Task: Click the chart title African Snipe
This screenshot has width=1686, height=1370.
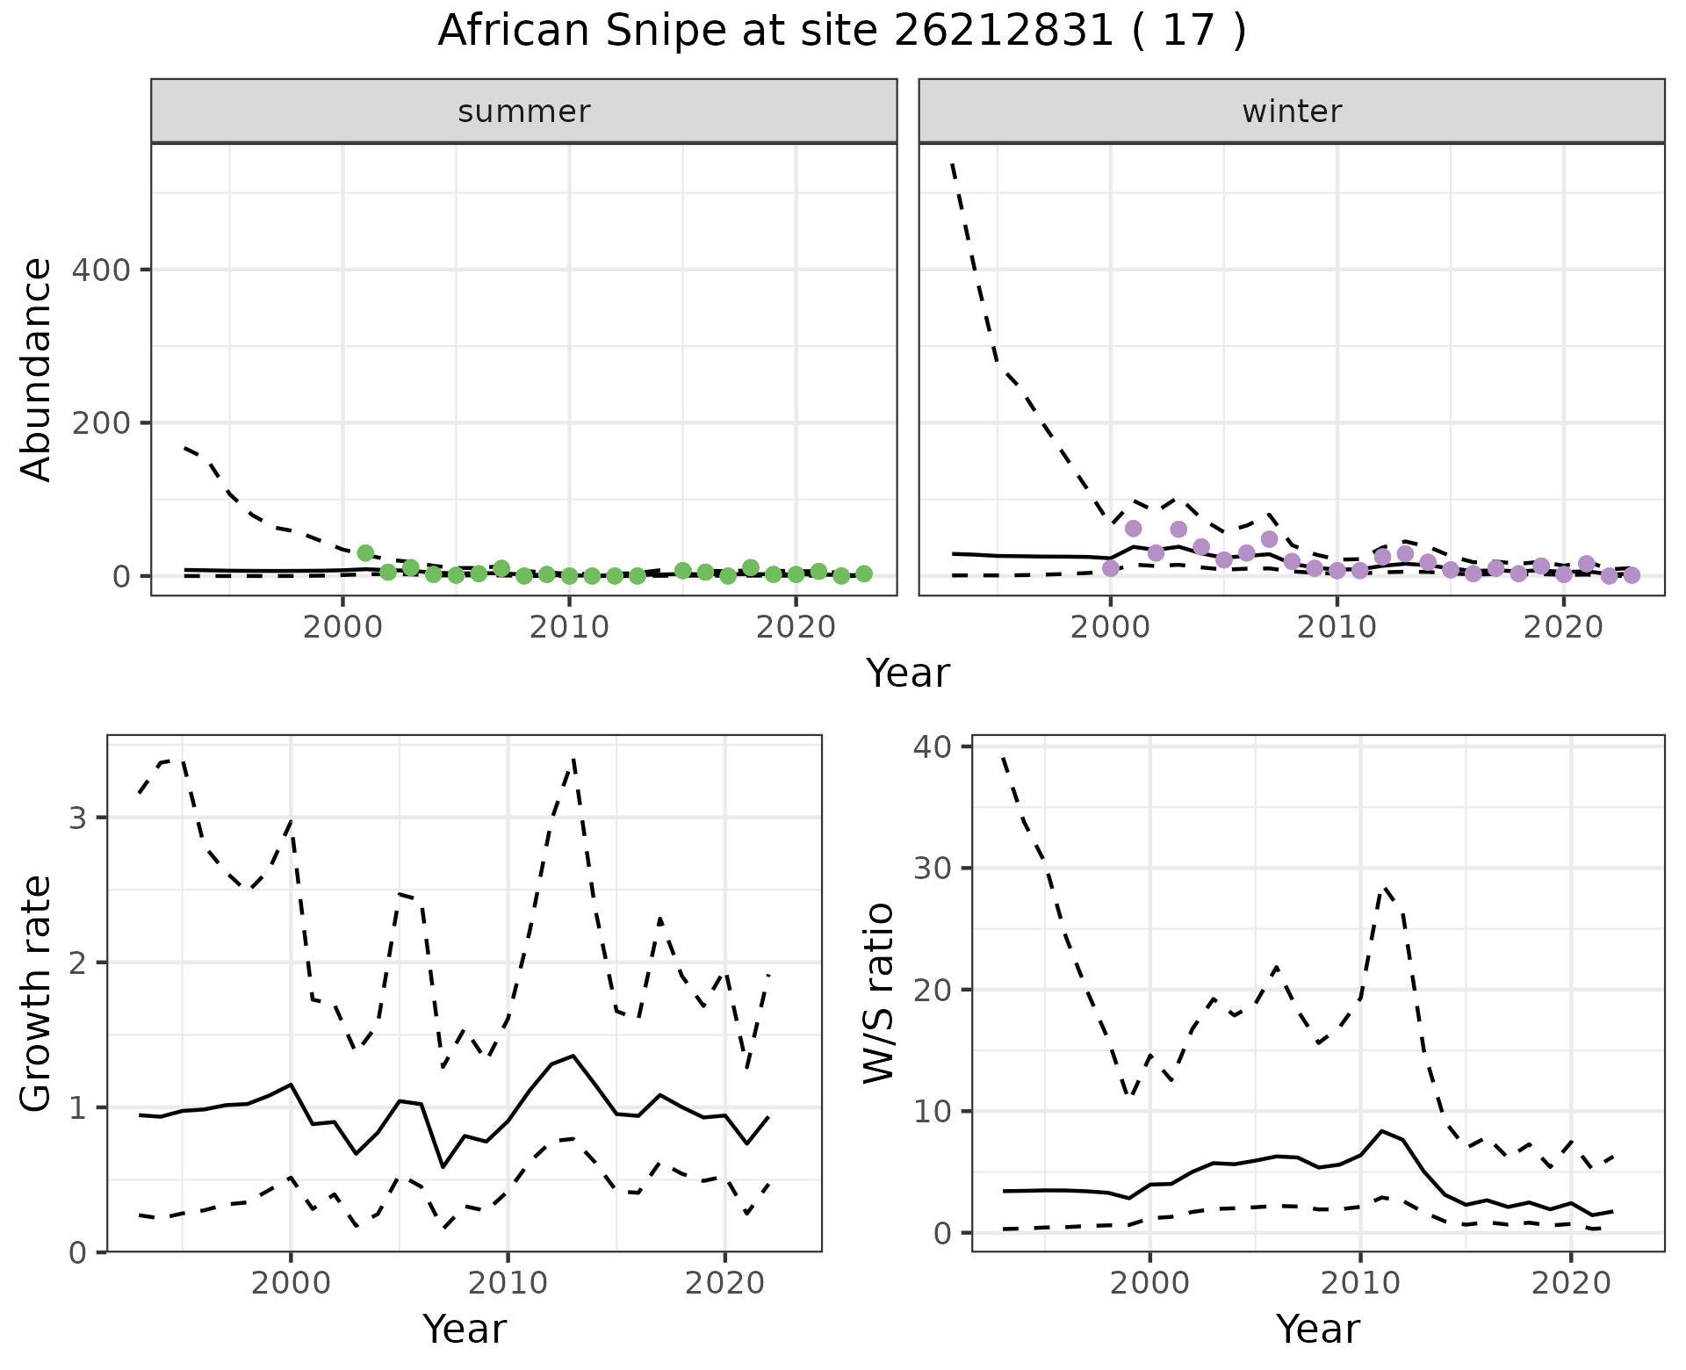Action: coord(841,32)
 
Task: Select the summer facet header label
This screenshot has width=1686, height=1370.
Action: coord(524,112)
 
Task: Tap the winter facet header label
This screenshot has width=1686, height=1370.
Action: coord(1292,112)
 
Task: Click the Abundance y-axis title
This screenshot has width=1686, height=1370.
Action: coord(37,370)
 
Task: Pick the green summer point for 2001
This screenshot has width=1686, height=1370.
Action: coord(365,553)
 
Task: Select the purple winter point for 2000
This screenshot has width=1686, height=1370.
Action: coord(1111,568)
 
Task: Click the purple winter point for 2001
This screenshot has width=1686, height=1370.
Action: coord(1134,529)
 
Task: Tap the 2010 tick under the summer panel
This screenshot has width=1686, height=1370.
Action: coord(569,629)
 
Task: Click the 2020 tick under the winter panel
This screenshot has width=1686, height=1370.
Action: coord(1563,629)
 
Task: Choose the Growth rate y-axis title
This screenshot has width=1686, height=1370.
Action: coord(37,994)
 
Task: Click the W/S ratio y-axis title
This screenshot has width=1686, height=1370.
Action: coord(879,993)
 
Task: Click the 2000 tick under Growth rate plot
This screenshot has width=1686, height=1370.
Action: coord(291,1284)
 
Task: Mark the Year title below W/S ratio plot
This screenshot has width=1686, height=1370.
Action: coord(1318,1329)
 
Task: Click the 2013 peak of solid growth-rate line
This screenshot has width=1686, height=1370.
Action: coord(573,1056)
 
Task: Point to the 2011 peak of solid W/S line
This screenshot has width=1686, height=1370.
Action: coord(1382,1131)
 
